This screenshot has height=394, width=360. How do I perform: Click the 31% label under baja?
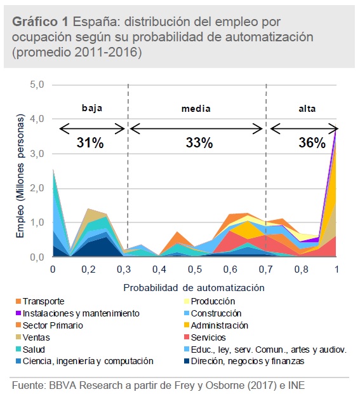pos(90,144)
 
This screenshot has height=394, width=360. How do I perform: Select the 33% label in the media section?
pos(199,144)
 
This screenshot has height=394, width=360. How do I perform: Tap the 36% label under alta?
pos(312,144)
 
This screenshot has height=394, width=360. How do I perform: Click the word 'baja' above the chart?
pos(92,108)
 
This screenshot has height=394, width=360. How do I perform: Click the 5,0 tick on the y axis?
pos(40,85)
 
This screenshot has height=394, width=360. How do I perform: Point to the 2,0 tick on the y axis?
pos(40,188)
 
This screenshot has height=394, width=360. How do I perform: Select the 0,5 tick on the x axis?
pos(195,269)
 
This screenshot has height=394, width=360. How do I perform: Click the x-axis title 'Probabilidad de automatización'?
pos(194,287)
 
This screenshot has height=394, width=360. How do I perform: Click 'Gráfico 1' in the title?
pos(40,21)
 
